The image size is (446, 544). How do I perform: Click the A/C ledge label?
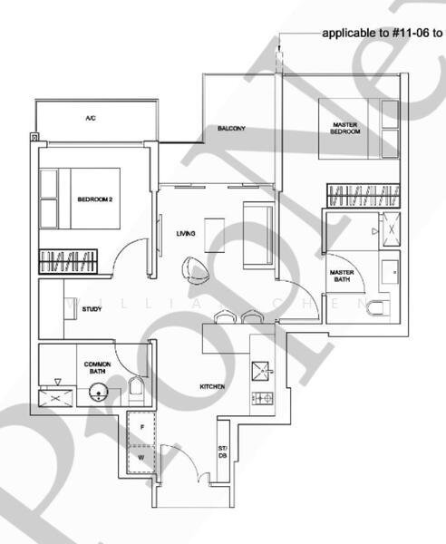(91, 119)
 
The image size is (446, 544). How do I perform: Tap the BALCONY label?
(231, 129)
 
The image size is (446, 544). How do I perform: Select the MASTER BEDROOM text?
(345, 128)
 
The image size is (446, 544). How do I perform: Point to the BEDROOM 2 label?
(94, 199)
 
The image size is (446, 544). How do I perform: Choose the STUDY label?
(91, 310)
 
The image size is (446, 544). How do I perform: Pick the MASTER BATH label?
(342, 277)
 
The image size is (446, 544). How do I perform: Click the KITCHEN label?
(213, 387)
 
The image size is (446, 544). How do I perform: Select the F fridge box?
(141, 426)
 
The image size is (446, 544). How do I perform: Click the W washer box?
(141, 458)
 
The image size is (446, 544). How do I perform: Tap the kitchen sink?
(262, 371)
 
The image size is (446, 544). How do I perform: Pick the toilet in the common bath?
(137, 391)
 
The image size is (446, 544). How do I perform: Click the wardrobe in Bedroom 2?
(66, 263)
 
